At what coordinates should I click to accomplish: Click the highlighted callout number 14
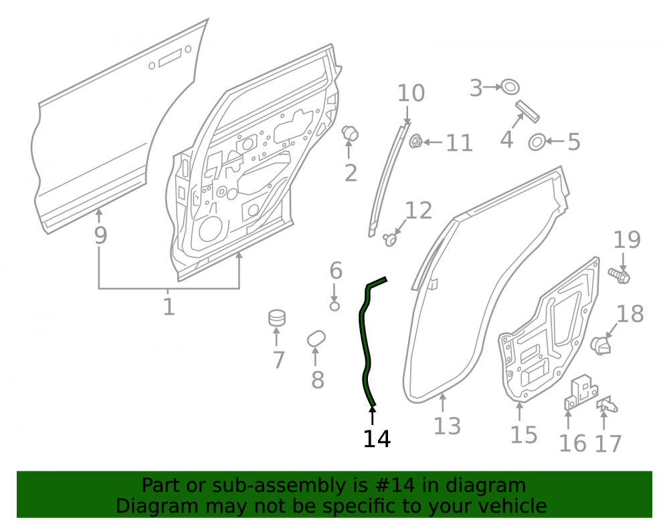click(x=377, y=438)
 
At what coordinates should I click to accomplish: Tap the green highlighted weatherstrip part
click(x=365, y=341)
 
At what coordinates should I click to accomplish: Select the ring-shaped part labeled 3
click(x=510, y=86)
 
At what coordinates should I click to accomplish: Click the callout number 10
click(x=411, y=93)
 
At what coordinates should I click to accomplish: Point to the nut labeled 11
click(x=415, y=141)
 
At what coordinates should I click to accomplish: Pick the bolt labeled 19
click(x=619, y=275)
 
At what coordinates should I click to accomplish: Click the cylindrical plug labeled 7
click(x=277, y=318)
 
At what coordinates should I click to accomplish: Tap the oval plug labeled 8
click(x=316, y=339)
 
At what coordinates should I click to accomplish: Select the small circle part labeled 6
click(x=334, y=306)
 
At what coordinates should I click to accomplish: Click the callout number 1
click(x=169, y=307)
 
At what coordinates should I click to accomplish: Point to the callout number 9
click(x=100, y=235)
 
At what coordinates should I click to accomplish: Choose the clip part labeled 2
click(x=351, y=133)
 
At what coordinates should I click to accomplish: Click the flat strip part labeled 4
click(x=527, y=111)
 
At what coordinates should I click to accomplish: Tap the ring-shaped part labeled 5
click(x=537, y=142)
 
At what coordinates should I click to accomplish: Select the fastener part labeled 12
click(x=389, y=239)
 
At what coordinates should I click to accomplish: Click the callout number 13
click(x=447, y=426)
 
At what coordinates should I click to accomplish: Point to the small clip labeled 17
click(x=607, y=405)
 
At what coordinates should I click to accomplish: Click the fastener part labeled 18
click(x=601, y=345)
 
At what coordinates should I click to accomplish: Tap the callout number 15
click(x=524, y=435)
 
